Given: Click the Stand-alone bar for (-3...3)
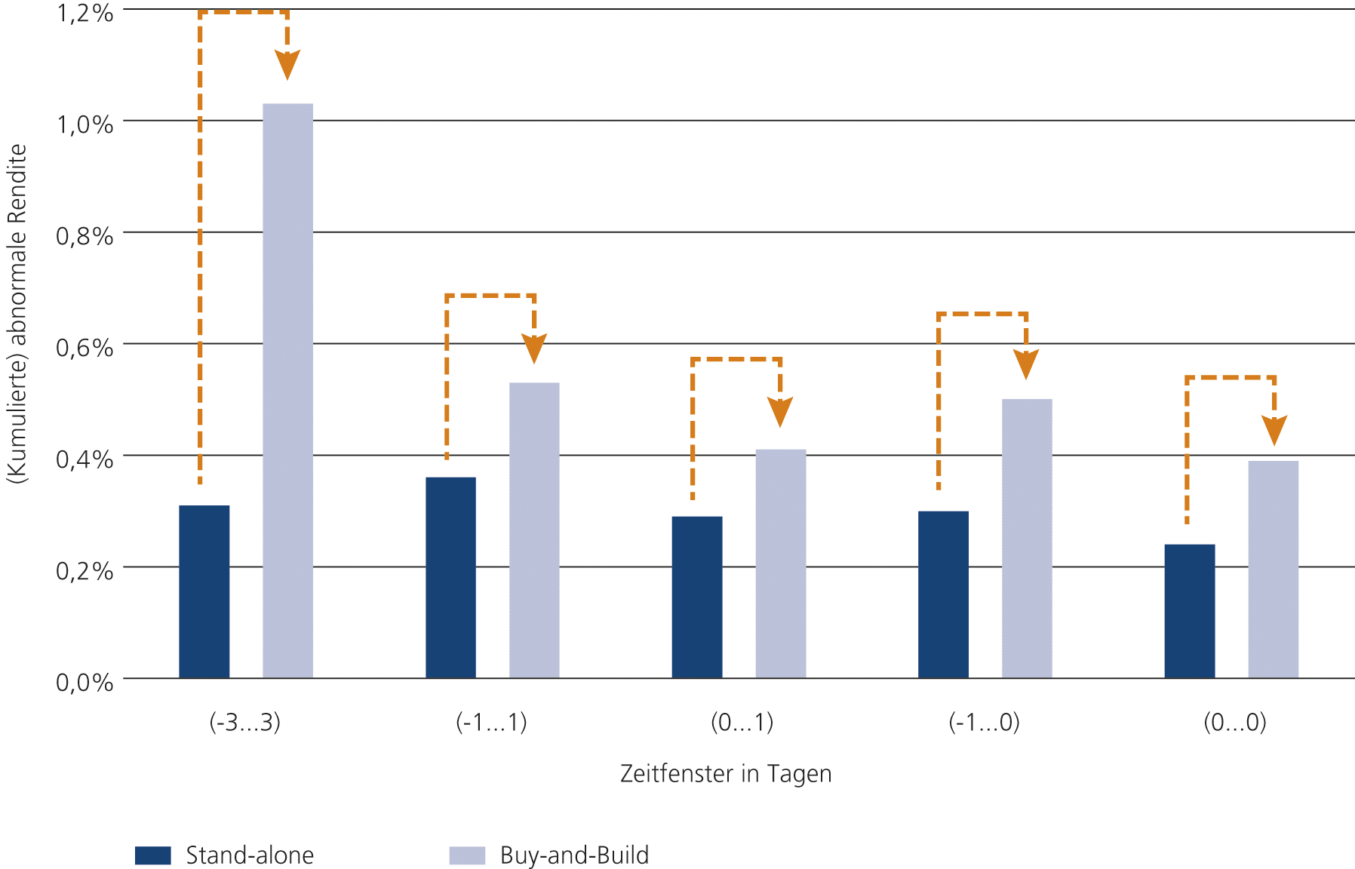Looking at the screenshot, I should pos(204,591).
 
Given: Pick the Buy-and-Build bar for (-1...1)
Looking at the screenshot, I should pos(534,530).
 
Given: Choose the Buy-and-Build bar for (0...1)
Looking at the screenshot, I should pos(780,563).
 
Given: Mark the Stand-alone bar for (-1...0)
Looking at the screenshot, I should pos(943,594).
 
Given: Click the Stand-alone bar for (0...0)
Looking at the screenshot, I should pos(1189,611).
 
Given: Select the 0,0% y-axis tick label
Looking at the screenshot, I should pos(84,683).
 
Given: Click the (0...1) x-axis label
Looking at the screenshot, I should pos(742,723).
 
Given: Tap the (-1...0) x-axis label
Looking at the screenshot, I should pos(984,723).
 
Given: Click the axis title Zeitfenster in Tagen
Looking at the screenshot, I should pos(725,774).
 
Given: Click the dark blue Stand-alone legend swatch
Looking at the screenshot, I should pos(152,855).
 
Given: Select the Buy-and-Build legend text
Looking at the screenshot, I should pos(574,855).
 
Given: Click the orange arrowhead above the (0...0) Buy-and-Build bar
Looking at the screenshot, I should pos(1274,430).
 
